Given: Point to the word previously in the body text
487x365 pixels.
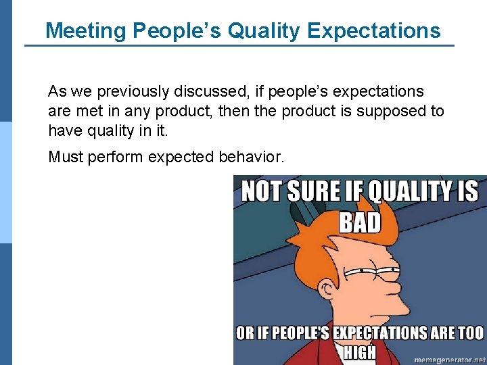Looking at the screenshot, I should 133,91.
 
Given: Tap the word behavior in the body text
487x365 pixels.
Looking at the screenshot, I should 251,157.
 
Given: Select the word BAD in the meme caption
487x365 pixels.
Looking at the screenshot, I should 359,222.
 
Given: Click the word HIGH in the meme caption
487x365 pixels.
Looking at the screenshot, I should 359,352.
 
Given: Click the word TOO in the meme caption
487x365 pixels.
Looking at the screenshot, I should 469,333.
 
